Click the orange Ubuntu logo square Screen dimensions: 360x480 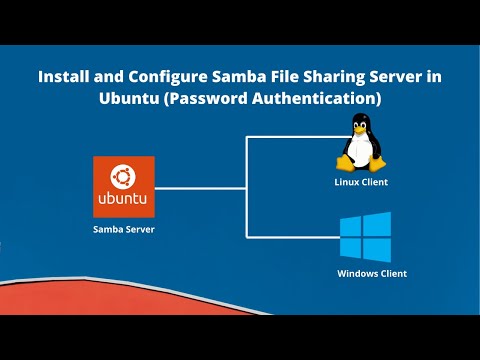click(124, 187)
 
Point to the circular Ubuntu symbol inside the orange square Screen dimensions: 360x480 click(124, 177)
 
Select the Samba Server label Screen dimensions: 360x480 click(124, 230)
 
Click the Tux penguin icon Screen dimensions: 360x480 click(361, 143)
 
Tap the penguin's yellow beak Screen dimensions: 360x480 click(361, 131)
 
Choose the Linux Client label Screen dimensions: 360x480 click(361, 182)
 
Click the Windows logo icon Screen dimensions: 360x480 click(364, 237)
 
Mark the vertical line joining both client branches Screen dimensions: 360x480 click(245, 187)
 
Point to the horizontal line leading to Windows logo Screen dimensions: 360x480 click(290, 237)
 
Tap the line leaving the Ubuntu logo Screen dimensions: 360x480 click(200, 187)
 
